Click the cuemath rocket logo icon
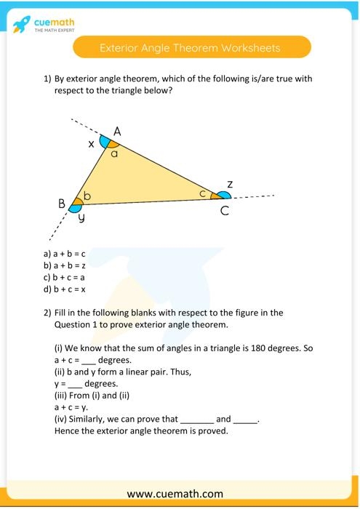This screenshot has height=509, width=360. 21,24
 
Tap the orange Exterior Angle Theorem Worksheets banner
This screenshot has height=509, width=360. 191,48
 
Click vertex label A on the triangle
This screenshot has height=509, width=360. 117,132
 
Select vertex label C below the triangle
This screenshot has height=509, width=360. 225,212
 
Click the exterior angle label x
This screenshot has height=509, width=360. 92,145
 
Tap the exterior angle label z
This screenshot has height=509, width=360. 230,185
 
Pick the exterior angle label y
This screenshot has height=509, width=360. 81,217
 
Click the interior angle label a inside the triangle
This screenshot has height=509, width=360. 114,153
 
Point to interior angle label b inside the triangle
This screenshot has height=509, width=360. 87,196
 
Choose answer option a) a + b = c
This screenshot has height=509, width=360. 65,254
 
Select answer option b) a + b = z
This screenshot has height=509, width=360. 65,265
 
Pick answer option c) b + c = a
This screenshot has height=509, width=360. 65,277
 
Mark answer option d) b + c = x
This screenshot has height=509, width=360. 65,289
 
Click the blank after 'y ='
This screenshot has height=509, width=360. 75,383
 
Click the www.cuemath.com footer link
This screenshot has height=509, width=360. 180,493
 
